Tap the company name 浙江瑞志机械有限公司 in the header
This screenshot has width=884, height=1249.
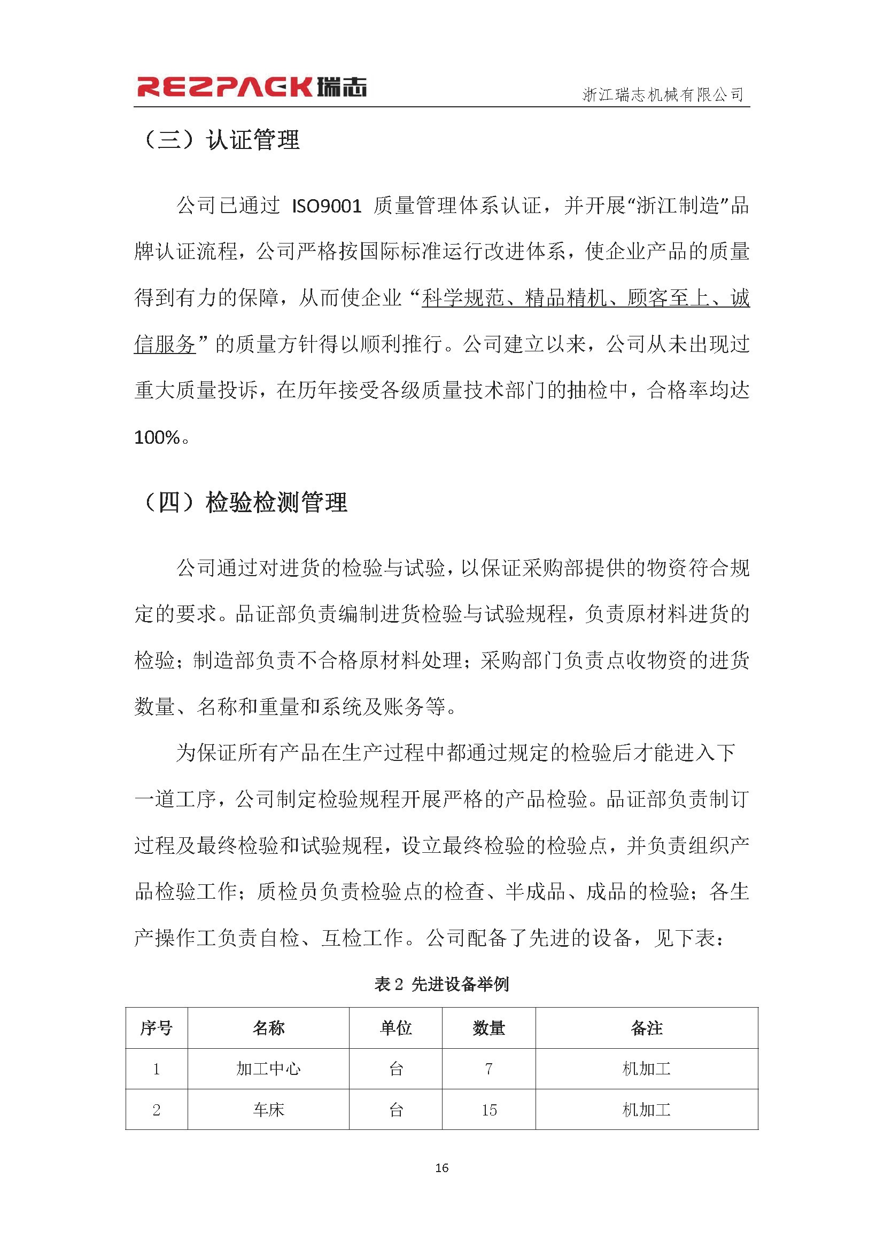coord(663,95)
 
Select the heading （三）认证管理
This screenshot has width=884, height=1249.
coord(220,140)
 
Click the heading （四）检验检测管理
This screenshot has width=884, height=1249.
coord(243,502)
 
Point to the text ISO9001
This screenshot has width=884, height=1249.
coord(327,207)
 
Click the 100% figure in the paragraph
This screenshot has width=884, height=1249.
coord(157,437)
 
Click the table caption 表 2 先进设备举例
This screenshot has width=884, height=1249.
coord(441,984)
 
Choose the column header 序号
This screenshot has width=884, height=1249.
coord(157,1027)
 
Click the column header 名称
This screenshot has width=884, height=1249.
coord(268,1027)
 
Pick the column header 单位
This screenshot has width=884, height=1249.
coord(396,1027)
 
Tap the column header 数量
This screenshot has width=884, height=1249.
coord(489,1027)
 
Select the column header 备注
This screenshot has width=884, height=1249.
coord(647,1027)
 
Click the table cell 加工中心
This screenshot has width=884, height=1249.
coord(268,1069)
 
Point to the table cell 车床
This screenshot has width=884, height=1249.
coord(268,1110)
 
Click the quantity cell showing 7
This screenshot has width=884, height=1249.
coord(489,1069)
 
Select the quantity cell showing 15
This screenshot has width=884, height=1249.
coord(489,1110)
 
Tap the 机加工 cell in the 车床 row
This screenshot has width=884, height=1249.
coord(647,1110)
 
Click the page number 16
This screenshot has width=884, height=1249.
coord(442,1168)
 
